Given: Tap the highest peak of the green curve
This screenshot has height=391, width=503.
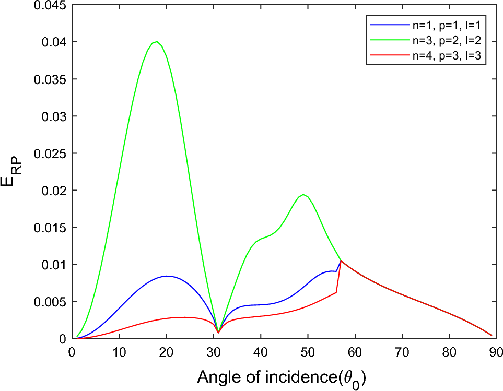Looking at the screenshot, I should pos(157,42).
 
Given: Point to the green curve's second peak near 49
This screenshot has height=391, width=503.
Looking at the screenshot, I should pos(303,194).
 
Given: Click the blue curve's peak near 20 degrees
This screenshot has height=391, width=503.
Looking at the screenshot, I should pos(167,276).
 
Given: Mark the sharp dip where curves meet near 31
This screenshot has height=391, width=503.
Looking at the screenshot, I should pos(218,333).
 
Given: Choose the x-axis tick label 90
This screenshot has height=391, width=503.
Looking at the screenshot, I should pos(496,351).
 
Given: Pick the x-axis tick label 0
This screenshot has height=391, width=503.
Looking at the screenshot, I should pos(73,351).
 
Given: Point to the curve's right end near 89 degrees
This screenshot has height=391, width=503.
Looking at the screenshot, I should pos(491,335).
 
